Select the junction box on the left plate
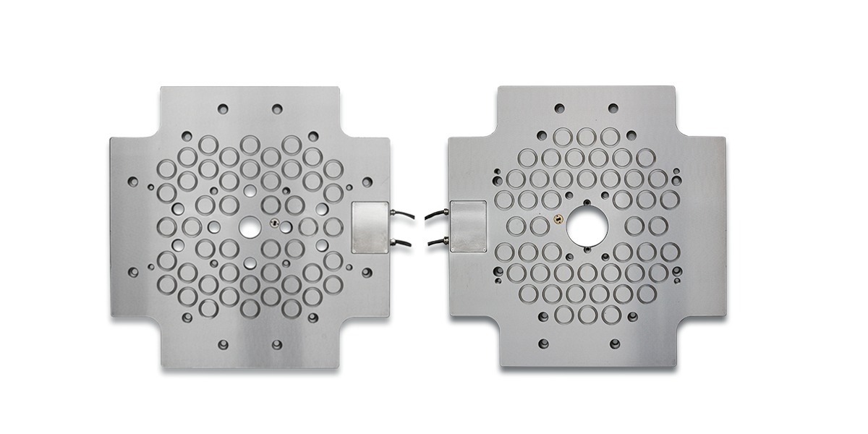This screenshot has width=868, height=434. [x=370, y=227]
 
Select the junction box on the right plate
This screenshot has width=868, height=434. [x=469, y=226]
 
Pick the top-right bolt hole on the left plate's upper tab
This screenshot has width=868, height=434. [x=276, y=109]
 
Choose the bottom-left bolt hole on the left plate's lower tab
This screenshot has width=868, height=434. [x=223, y=345]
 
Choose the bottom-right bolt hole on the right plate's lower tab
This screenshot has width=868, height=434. [x=614, y=344]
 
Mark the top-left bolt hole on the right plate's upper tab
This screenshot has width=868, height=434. [x=560, y=109]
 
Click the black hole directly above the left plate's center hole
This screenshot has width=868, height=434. [x=250, y=190]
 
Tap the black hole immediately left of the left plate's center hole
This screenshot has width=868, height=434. [x=214, y=227]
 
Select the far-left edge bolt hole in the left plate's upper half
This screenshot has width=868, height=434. [x=133, y=182]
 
